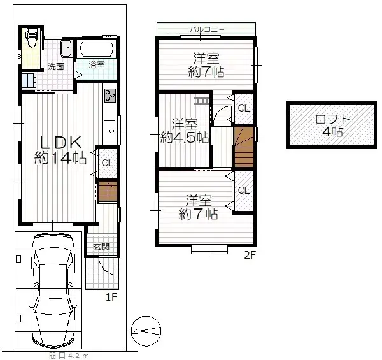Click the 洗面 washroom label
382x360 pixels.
56,66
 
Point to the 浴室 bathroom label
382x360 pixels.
97,65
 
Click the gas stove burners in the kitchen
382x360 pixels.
109,96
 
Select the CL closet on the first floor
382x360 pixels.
107,163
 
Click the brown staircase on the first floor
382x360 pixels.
108,192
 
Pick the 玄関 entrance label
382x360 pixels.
101,247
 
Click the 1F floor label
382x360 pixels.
111,296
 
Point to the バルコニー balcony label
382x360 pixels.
205,29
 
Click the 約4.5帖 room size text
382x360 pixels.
185,137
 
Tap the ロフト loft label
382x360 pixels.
329,119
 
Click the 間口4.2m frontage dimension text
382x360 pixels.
69,355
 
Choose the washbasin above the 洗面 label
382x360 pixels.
65,48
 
